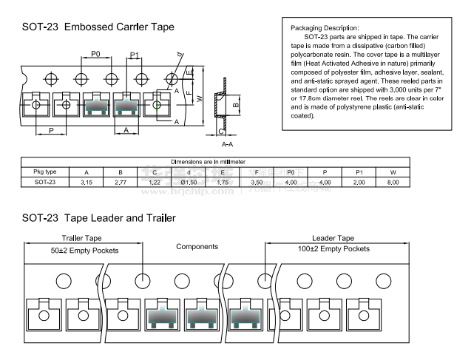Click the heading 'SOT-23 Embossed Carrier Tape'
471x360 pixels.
pyautogui.click(x=98, y=27)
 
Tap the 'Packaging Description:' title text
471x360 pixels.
pyautogui.click(x=316, y=27)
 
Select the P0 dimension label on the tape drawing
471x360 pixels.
pyautogui.click(x=96, y=54)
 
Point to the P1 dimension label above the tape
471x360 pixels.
pyautogui.click(x=135, y=55)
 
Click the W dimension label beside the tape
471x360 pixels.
pyautogui.click(x=199, y=98)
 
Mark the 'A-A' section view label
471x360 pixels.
pyautogui.click(x=228, y=143)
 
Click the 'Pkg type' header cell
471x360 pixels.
pyautogui.click(x=45, y=171)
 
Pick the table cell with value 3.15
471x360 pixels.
pyautogui.click(x=87, y=181)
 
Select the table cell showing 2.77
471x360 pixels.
pyautogui.click(x=121, y=181)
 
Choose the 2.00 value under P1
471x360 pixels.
pyautogui.click(x=359, y=181)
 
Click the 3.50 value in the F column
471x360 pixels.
pyautogui.click(x=257, y=181)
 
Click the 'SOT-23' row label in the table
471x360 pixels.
pyautogui.click(x=45, y=181)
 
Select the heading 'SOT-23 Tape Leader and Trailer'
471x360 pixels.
pyautogui.click(x=98, y=218)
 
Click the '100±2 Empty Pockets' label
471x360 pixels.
pyautogui.click(x=333, y=249)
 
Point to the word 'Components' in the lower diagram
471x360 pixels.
pyautogui.click(x=197, y=246)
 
